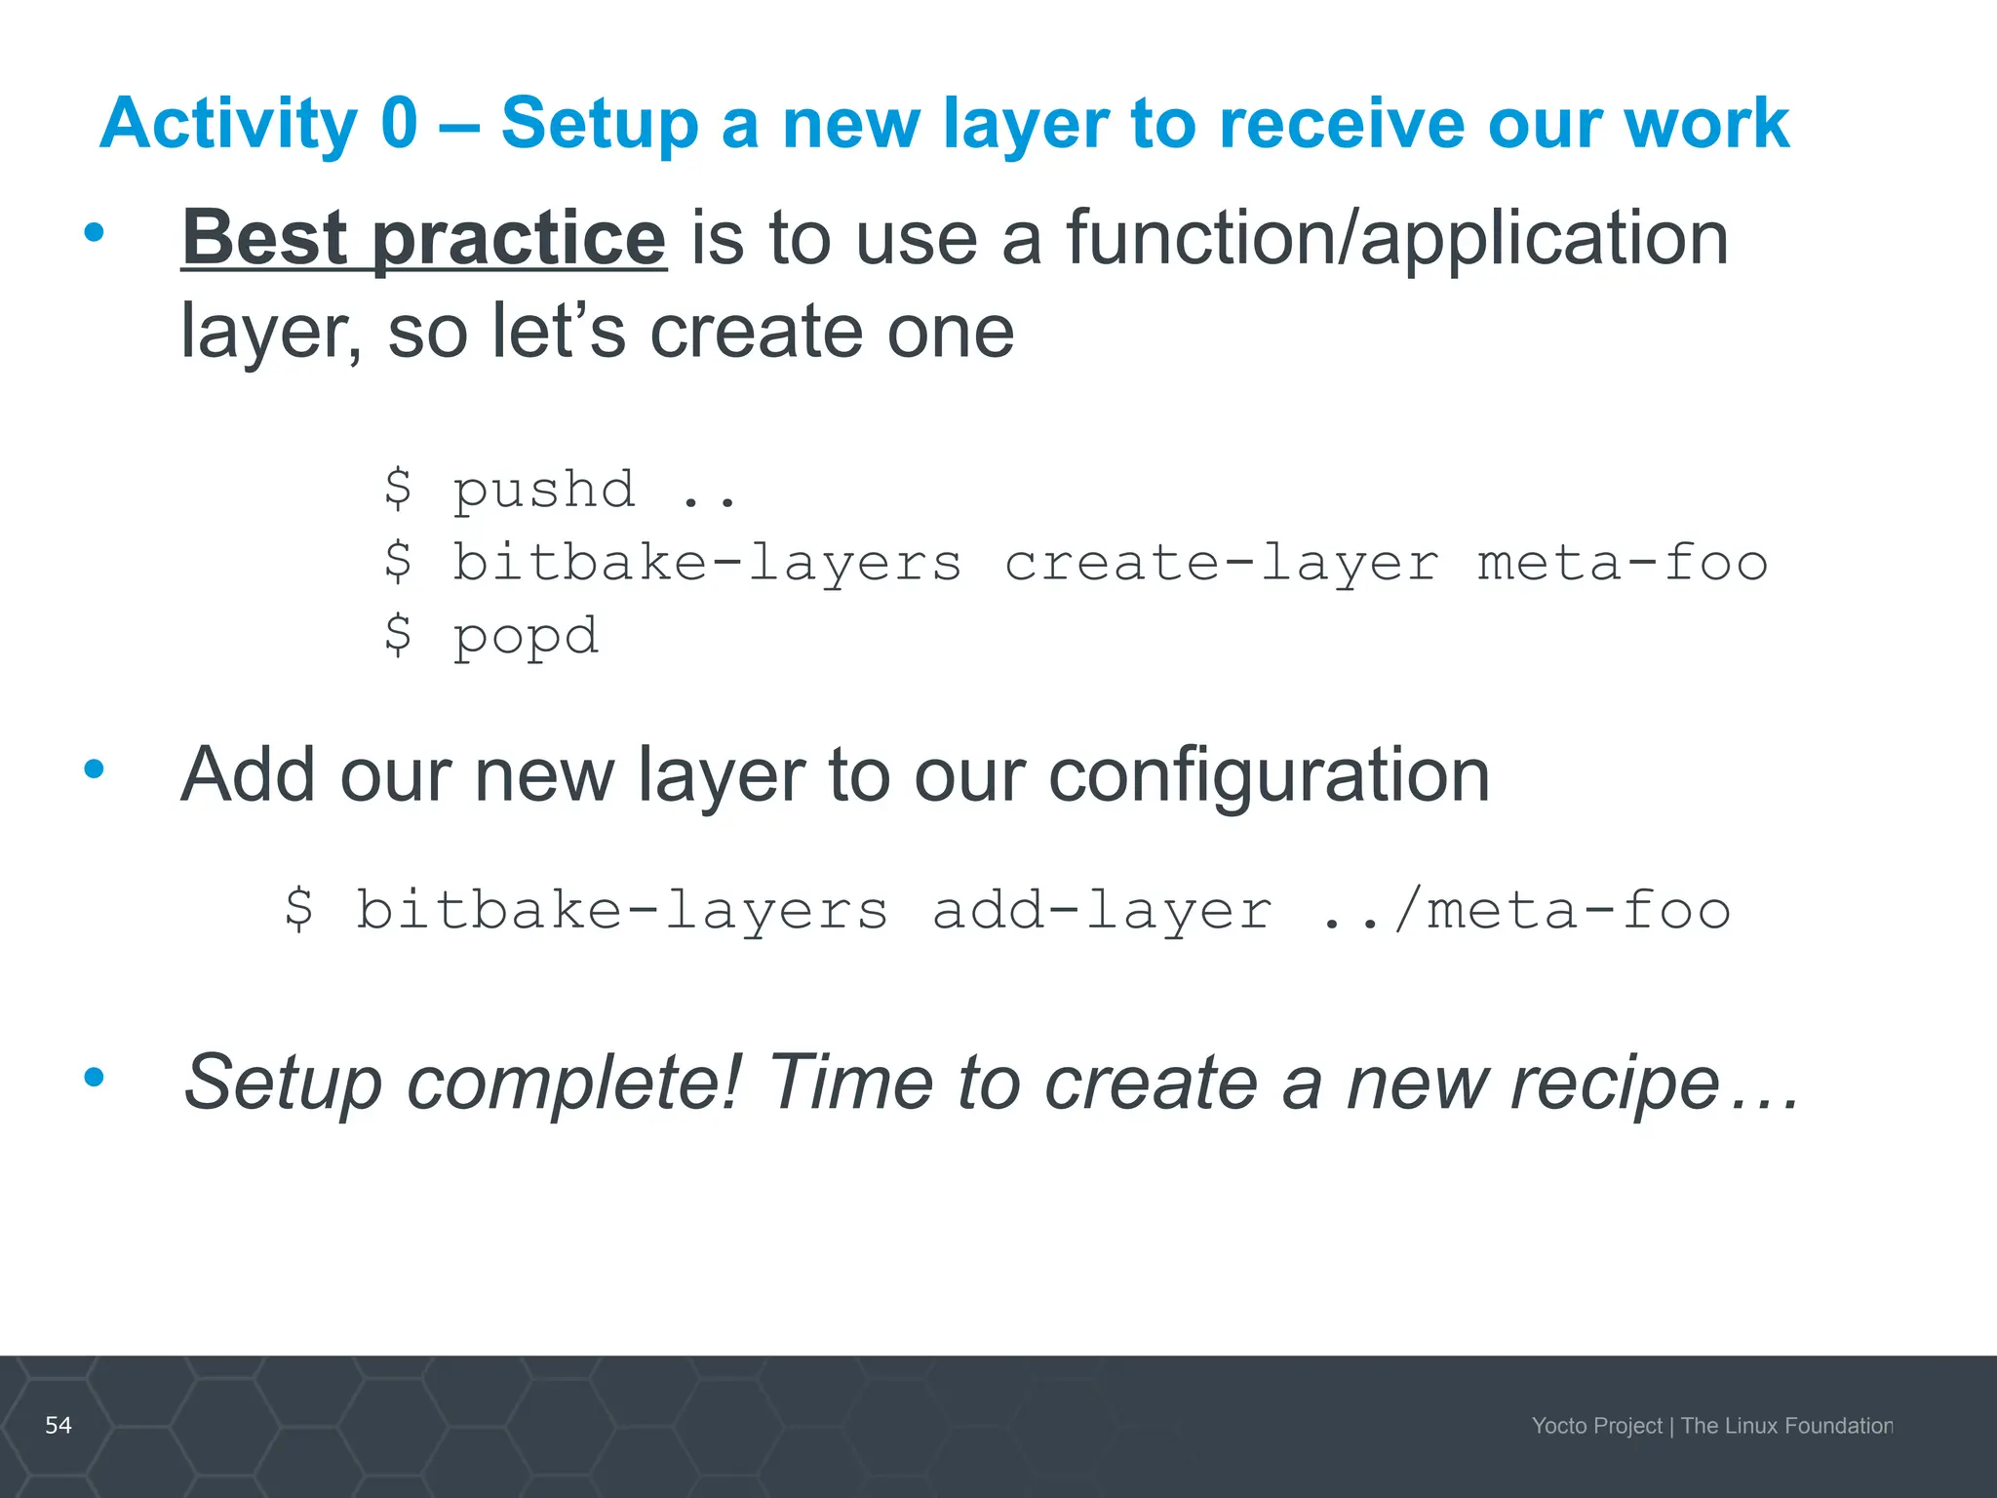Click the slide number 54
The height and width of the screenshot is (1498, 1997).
pos(59,1425)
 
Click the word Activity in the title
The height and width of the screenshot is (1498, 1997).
pos(228,125)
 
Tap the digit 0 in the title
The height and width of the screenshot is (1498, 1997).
pos(399,123)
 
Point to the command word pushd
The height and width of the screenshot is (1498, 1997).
pos(544,489)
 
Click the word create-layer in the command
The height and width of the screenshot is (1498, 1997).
pos(1221,563)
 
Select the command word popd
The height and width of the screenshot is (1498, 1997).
pos(526,637)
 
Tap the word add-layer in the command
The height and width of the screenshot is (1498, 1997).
pos(1102,910)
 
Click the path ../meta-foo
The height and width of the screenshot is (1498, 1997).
pos(1525,910)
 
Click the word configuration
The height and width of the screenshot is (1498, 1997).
pos(1269,774)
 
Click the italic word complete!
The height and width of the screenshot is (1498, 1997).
pos(574,1083)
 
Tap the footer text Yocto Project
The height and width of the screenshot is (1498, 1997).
pos(1596,1426)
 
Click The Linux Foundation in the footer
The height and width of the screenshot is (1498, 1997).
pos(1786,1426)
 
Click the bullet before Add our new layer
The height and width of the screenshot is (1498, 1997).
pos(94,769)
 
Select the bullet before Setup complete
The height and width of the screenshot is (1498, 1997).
pos(94,1077)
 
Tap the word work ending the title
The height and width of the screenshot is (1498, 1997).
pos(1705,123)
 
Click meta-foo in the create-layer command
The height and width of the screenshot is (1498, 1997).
pos(1622,563)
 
